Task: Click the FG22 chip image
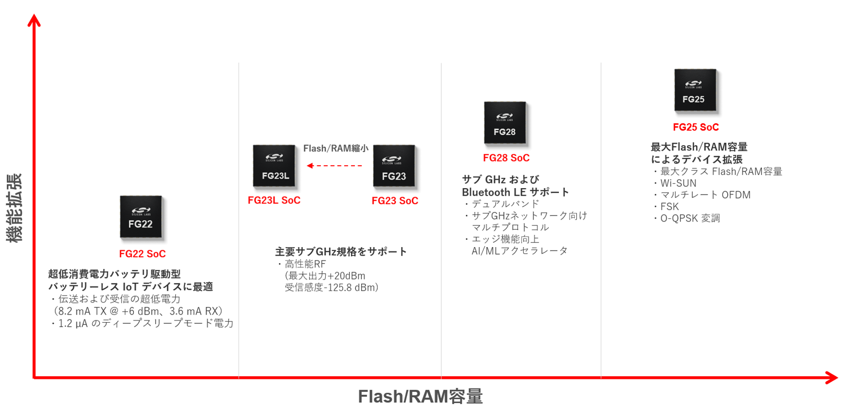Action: pos(141,217)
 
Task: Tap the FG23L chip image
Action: pos(274,166)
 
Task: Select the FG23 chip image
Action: pos(394,166)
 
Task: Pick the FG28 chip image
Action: pos(505,123)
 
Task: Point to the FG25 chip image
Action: pos(695,90)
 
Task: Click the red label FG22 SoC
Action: pos(142,254)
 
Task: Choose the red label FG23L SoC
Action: pos(274,200)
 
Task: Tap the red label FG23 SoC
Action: pos(395,201)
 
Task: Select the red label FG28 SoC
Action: pos(506,158)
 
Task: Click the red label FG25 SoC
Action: pos(696,127)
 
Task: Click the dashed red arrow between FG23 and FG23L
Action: pos(335,166)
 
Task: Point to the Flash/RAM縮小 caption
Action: pos(336,149)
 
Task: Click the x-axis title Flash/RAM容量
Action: pos(420,396)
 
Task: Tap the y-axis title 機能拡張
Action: pos(14,208)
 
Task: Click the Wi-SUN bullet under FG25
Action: pos(678,183)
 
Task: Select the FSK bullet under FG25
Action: pos(669,207)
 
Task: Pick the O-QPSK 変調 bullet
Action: pos(690,218)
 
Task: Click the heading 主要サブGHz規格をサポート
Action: pos(341,252)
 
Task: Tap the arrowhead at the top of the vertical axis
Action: pos(34,20)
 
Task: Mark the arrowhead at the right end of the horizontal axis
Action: pos(832,378)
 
